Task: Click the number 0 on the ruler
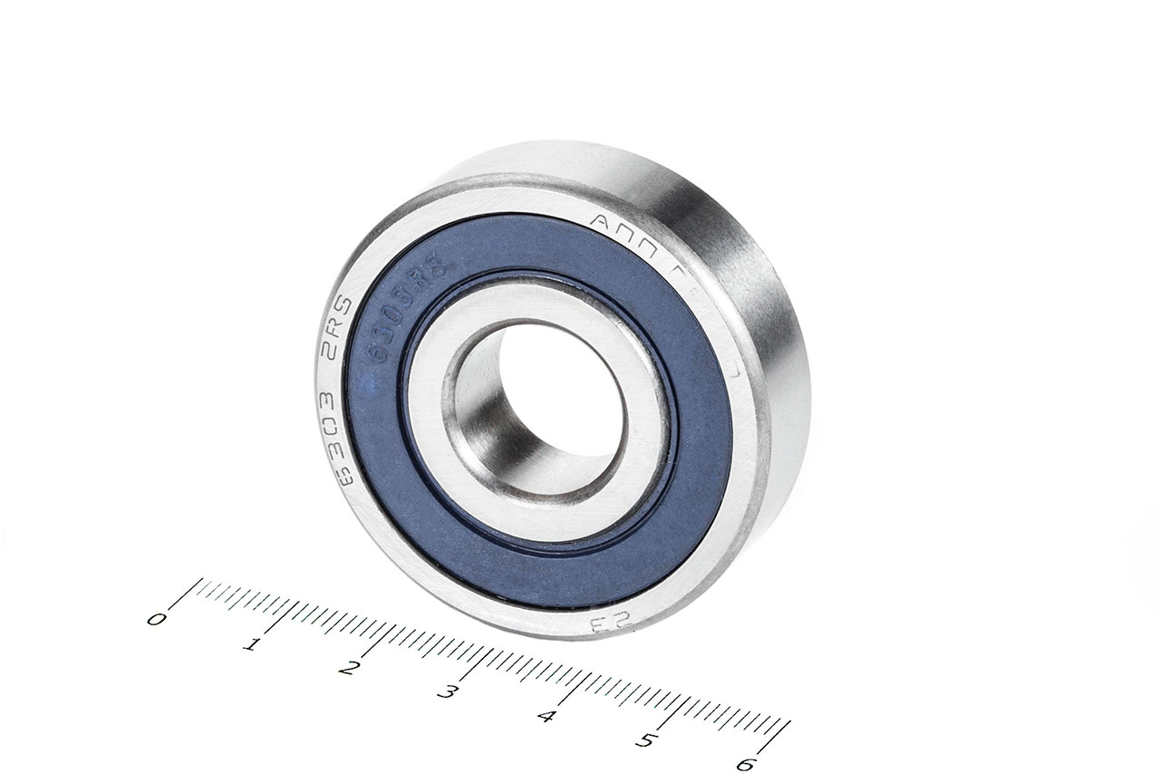point(156,620)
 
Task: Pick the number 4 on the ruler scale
point(546,717)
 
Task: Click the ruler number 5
point(645,740)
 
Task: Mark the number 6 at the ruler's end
point(745,764)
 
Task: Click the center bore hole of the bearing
point(553,399)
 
